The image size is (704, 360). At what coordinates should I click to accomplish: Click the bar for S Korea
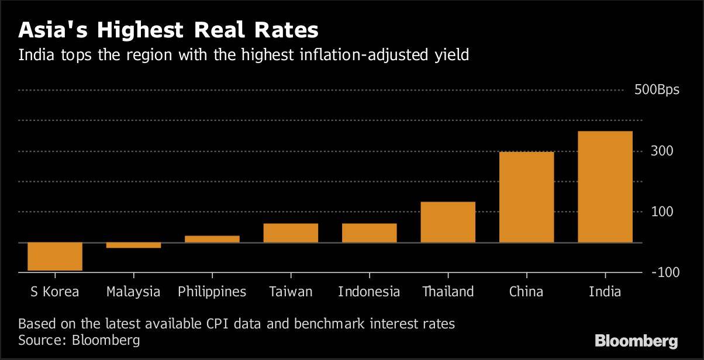click(55, 257)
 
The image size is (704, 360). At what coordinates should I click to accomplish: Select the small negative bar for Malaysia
click(133, 245)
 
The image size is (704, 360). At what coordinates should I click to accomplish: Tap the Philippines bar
click(212, 239)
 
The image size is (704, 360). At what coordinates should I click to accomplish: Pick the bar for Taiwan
click(291, 233)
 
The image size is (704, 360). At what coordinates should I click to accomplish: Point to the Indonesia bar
click(369, 233)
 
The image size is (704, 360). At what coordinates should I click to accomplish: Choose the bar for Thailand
click(448, 222)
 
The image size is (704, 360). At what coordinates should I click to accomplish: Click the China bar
click(526, 197)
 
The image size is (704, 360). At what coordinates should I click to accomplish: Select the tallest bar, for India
click(605, 186)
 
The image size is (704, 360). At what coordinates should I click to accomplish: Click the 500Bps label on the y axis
click(657, 91)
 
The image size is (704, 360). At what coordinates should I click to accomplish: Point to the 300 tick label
click(662, 151)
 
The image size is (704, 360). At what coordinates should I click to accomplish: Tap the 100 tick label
click(662, 212)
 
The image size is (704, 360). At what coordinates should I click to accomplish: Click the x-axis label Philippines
click(212, 292)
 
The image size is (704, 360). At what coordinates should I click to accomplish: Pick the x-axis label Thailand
click(448, 291)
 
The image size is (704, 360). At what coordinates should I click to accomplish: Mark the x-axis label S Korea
click(54, 291)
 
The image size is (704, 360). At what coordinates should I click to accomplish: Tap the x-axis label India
click(605, 291)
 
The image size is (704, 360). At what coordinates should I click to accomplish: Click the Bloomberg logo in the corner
click(636, 341)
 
